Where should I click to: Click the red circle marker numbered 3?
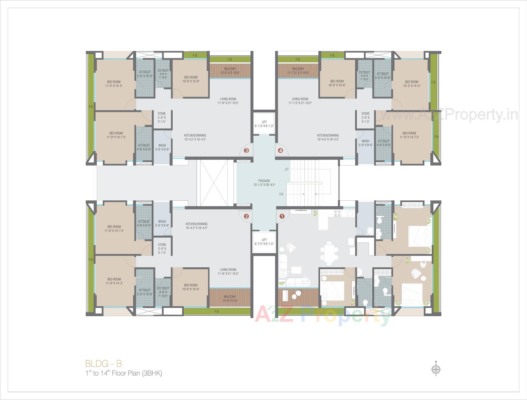pos(246,150)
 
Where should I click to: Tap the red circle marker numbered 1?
pos(282,216)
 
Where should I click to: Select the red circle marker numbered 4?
pos(280,150)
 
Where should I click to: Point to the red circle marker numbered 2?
pos(246,216)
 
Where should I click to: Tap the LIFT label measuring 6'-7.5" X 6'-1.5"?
pos(264,242)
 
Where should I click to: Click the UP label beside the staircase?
pos(287,169)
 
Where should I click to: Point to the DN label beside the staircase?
pos(281,194)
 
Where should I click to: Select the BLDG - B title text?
pos(103,363)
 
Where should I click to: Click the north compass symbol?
pos(436,369)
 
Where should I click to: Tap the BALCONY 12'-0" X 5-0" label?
pos(230,299)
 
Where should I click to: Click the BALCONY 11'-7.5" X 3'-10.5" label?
pos(298,71)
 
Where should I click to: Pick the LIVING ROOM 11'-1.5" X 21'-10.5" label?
pos(300,101)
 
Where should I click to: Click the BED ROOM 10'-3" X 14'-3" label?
pos(411,84)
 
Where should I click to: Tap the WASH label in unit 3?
pos(162,147)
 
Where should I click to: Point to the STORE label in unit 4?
pos(365,117)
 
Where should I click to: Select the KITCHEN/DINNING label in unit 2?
pos(197,226)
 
